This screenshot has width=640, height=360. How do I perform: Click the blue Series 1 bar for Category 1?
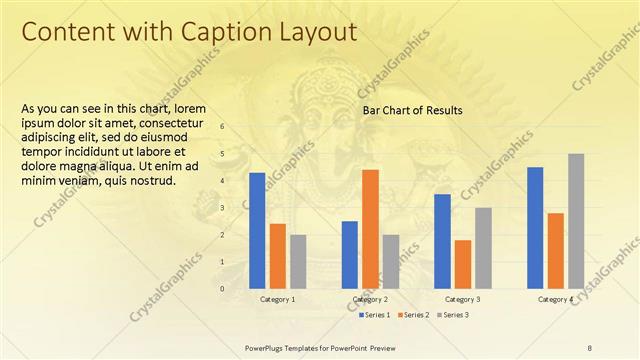click(257, 230)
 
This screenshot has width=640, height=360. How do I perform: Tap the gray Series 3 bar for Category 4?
click(576, 221)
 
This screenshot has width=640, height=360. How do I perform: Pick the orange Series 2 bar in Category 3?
click(462, 263)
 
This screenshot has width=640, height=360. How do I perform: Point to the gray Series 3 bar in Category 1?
click(298, 261)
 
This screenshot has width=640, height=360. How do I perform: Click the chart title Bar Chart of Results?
click(412, 110)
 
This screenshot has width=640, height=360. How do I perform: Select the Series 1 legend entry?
click(375, 315)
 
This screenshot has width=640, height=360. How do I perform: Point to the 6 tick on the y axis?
click(222, 126)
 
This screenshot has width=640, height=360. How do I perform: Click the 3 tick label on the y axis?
click(222, 208)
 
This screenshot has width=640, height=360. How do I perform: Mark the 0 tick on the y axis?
click(222, 289)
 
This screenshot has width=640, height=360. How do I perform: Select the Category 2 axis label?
click(370, 299)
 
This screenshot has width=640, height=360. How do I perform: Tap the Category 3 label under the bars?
click(462, 299)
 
